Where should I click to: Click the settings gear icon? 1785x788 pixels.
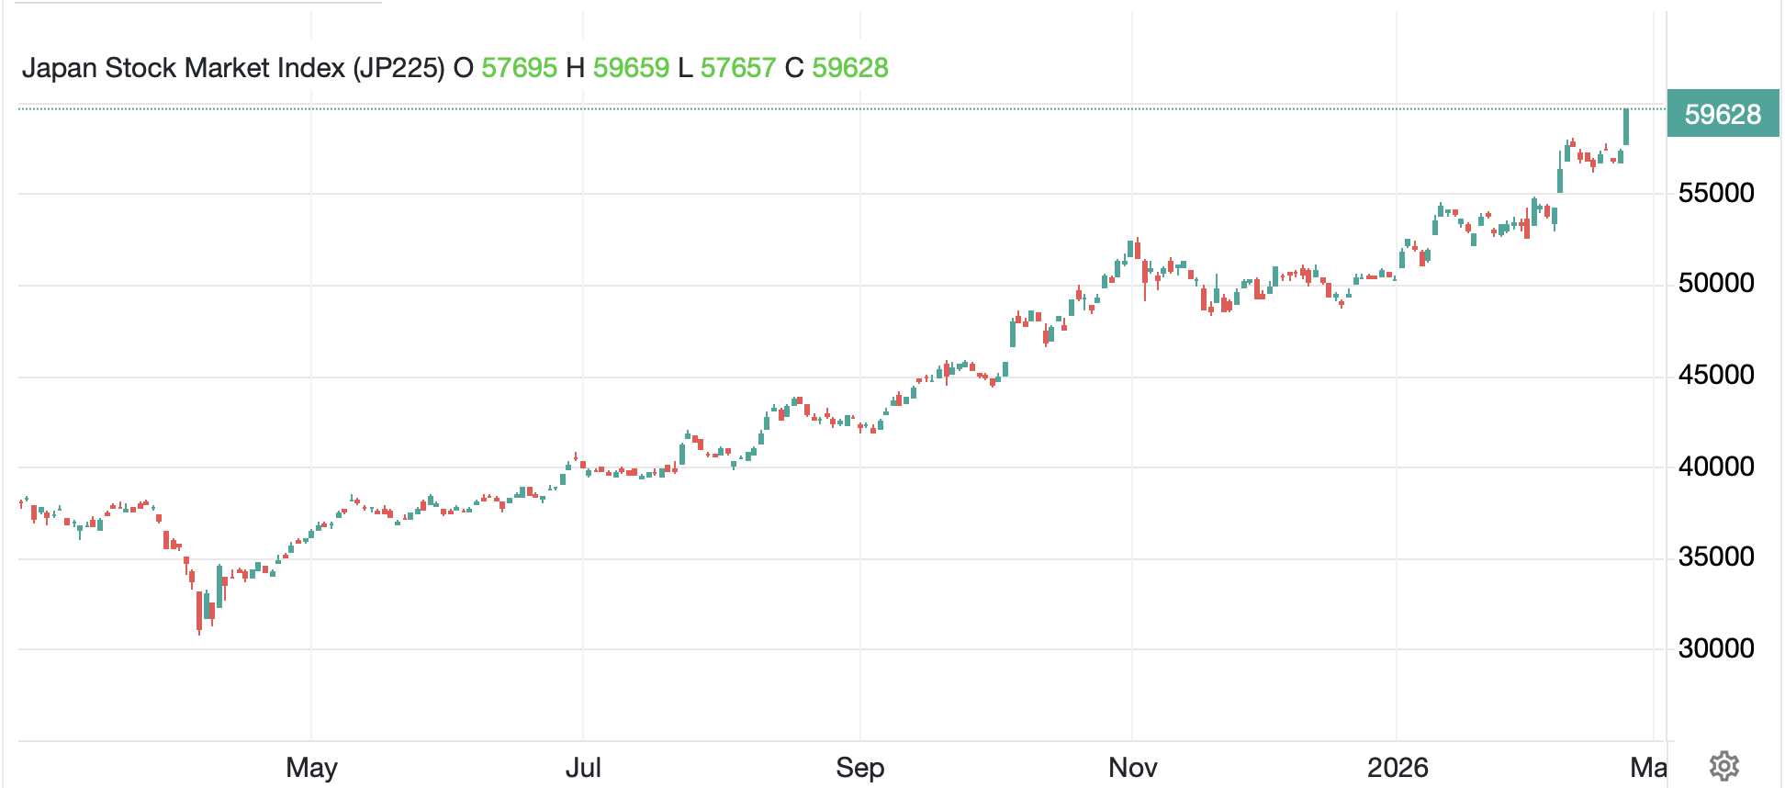pos(1723,765)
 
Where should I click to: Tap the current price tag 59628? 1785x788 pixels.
pos(1723,115)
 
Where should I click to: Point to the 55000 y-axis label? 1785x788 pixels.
pos(1715,193)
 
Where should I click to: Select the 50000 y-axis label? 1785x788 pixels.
pos(1715,283)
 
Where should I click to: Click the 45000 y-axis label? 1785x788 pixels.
pos(1715,375)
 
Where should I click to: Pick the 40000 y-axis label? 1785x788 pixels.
pos(1715,467)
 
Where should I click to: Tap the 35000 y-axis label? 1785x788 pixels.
pos(1715,557)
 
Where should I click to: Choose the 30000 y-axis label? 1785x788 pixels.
pos(1715,648)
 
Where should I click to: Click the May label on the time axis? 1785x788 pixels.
pos(311,767)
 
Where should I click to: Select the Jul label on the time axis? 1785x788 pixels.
pos(583,767)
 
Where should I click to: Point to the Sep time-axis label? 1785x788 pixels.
pos(859,767)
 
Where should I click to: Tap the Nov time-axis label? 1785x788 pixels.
pos(1132,767)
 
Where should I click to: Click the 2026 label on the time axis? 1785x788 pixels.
pos(1397,767)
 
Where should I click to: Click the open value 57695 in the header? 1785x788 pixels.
pos(519,68)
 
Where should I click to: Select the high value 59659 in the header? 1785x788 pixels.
pos(631,68)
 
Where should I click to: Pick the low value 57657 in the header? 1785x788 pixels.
pos(738,68)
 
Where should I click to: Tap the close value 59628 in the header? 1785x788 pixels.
pos(849,68)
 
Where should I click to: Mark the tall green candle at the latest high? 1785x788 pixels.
pos(1626,127)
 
